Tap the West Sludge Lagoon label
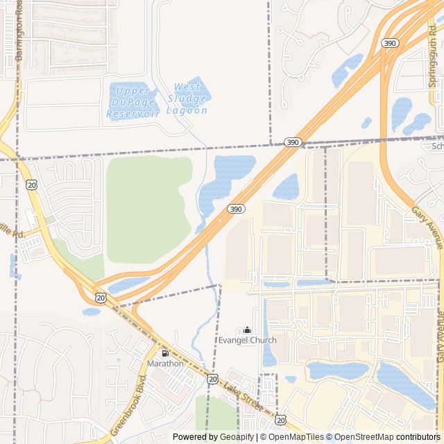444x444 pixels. click(187, 99)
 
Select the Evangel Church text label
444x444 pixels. click(247, 340)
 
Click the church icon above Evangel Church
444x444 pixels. click(247, 330)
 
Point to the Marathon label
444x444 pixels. click(165, 363)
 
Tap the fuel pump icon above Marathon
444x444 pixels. click(165, 353)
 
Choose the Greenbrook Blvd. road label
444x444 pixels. click(129, 406)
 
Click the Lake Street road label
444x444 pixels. click(243, 394)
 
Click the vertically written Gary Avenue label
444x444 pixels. click(439, 336)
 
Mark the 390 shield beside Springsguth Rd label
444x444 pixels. click(390, 43)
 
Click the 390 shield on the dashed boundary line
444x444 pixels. click(292, 142)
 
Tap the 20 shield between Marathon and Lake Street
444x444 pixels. click(212, 379)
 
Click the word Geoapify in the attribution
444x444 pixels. click(237, 437)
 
